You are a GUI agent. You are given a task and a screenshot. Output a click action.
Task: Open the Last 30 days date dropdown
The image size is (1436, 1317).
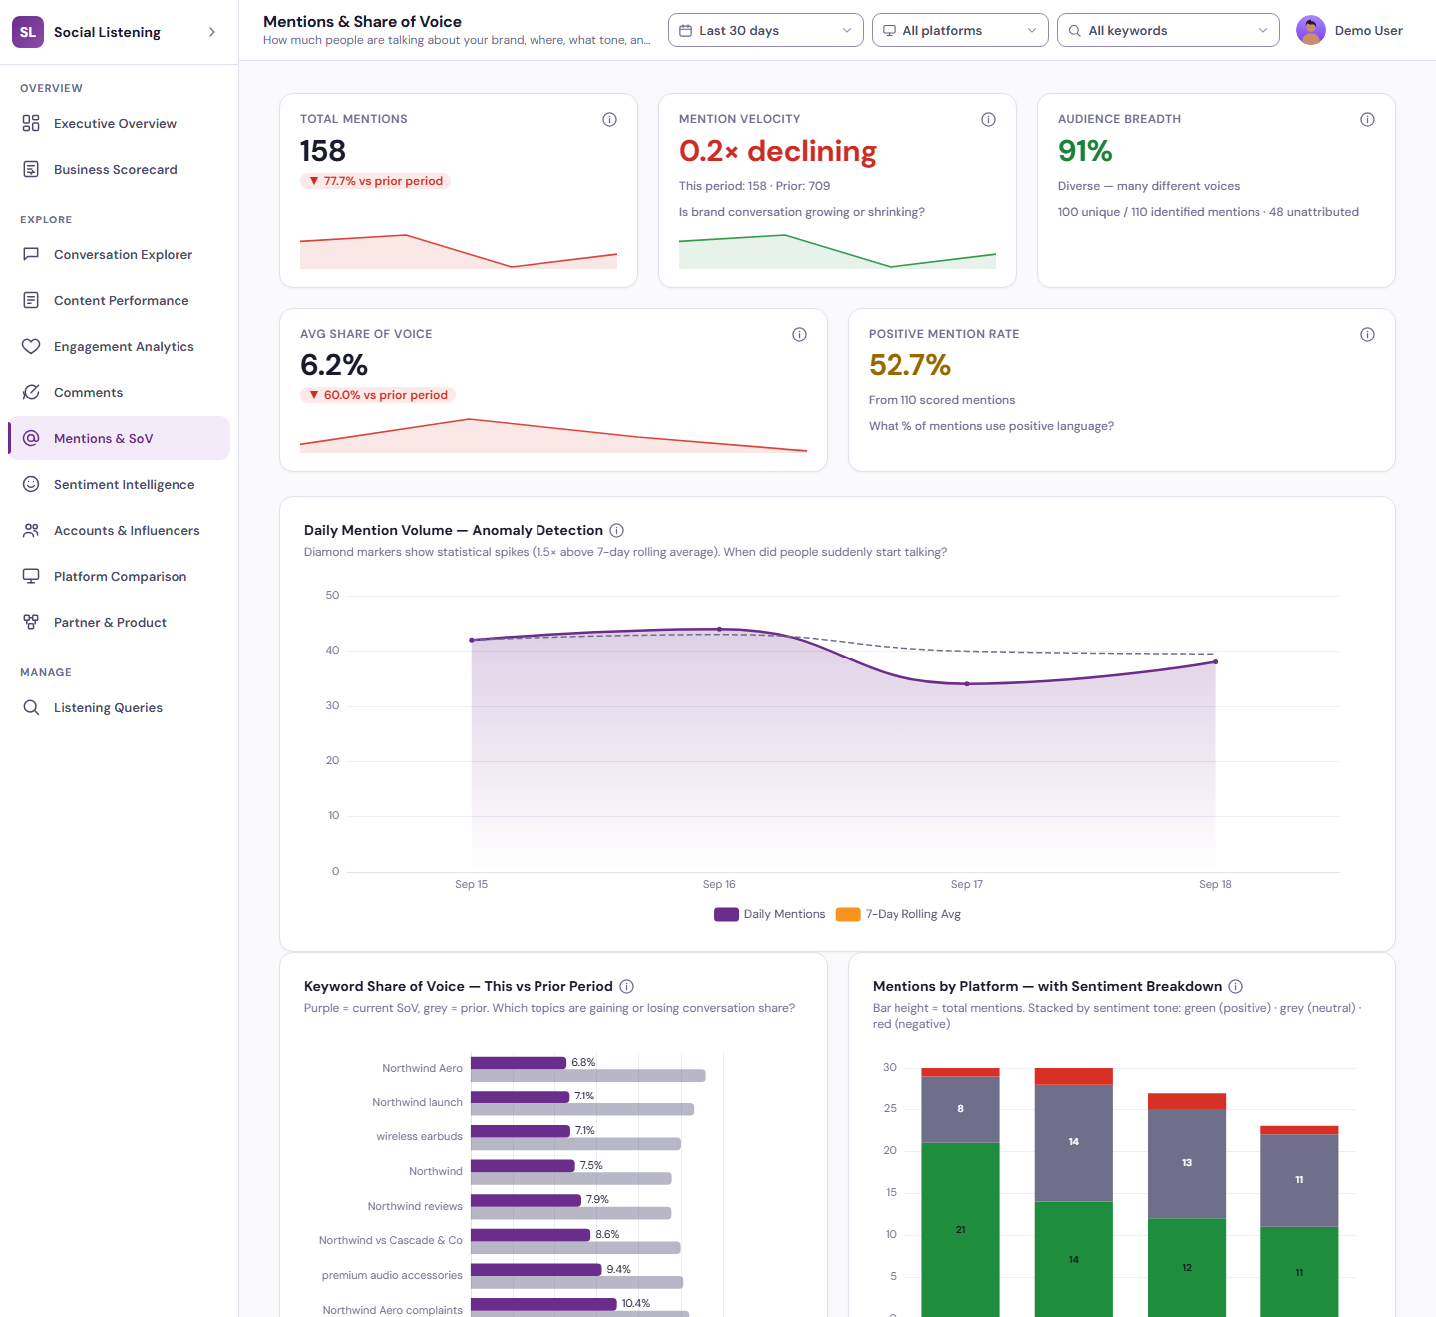(765, 30)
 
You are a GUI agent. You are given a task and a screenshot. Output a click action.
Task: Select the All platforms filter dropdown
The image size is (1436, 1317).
(959, 30)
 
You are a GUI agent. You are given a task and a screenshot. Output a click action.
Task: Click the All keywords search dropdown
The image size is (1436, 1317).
(1168, 30)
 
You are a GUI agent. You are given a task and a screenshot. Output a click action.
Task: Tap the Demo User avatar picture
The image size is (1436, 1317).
(1310, 30)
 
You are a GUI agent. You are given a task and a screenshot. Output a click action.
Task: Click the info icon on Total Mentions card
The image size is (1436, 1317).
(609, 119)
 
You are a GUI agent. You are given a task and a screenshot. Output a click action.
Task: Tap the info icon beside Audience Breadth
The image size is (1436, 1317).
(1367, 119)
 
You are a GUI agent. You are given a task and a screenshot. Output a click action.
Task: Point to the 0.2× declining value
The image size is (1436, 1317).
(777, 152)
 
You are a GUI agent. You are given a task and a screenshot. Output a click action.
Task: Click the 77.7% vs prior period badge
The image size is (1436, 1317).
(375, 181)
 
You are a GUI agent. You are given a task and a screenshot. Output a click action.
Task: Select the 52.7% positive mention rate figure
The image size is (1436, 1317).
(909, 365)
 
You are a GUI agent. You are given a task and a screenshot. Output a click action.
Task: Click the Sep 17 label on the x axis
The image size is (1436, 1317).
(966, 884)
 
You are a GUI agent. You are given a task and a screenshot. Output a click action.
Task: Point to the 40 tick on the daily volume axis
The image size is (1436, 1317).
(332, 650)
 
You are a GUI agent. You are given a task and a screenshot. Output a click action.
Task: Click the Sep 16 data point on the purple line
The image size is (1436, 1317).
(719, 630)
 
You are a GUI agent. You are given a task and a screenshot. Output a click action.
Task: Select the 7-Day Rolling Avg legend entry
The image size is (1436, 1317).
(898, 914)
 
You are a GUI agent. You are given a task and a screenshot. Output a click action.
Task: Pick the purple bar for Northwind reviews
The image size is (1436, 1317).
(526, 1200)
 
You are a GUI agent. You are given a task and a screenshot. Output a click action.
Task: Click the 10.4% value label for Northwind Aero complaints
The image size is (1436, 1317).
(635, 1303)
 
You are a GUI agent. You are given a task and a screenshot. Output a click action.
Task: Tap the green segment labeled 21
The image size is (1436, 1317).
(960, 1229)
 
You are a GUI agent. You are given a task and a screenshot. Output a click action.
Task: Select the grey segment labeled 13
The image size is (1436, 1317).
(1186, 1163)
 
